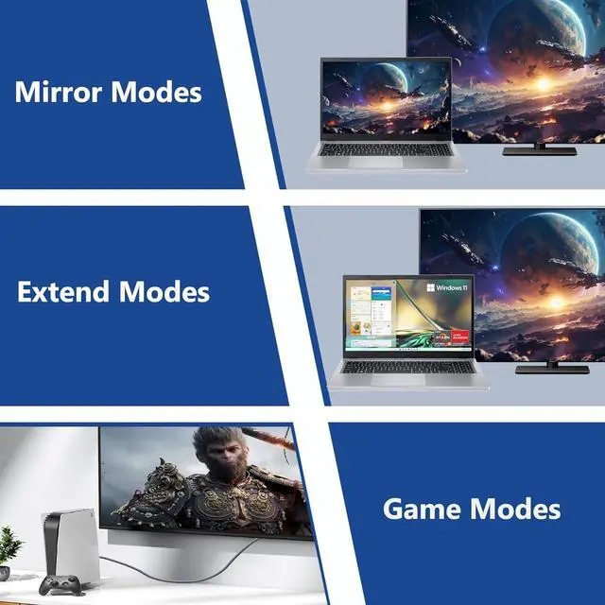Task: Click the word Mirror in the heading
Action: pos(59,93)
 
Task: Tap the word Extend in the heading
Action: pos(64,291)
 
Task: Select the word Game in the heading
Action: pos(423,509)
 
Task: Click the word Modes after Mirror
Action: pos(156,93)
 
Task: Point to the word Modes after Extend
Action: pos(164,291)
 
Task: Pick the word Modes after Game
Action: pos(515,509)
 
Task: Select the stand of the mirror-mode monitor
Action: pos(539,148)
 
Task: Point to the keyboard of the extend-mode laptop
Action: pos(406,365)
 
